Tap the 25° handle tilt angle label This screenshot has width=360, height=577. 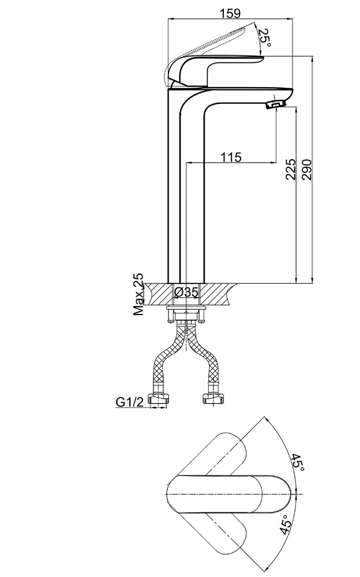click(x=265, y=38)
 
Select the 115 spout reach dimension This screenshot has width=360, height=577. click(x=231, y=157)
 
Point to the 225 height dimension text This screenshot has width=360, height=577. click(x=290, y=169)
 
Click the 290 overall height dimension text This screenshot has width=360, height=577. click(x=306, y=169)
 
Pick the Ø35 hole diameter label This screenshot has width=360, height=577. click(x=186, y=292)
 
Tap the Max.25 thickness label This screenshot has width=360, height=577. click(x=138, y=294)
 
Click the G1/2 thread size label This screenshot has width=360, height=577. click(x=130, y=402)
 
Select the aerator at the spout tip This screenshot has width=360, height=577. click(x=276, y=103)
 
